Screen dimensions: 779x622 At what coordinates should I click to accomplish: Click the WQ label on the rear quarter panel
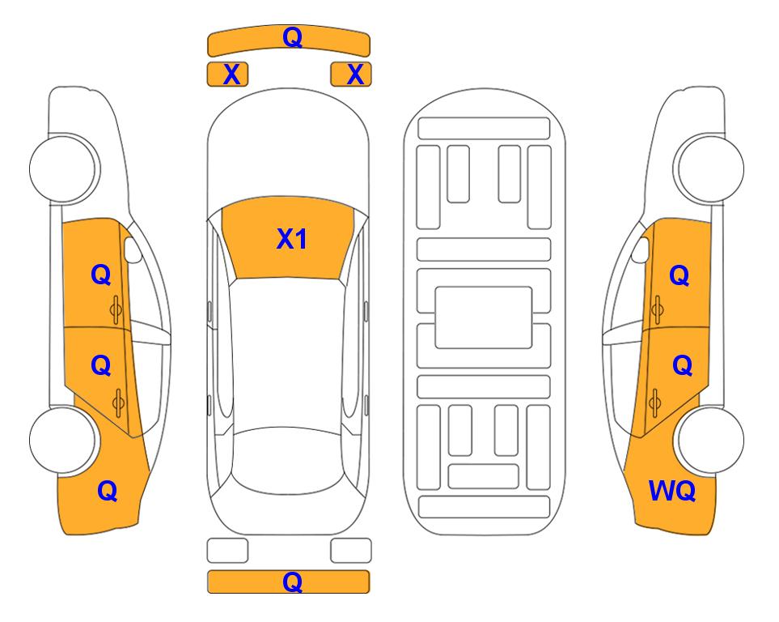point(672,491)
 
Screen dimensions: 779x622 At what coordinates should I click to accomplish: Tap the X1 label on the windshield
point(292,239)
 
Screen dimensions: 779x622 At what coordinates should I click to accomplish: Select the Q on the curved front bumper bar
point(293,36)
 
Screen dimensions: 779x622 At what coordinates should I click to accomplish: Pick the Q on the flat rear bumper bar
point(293,582)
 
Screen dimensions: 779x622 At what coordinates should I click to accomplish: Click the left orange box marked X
point(227,75)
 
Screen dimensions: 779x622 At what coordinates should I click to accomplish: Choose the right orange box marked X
point(351,75)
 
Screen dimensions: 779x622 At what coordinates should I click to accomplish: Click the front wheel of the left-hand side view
point(64,168)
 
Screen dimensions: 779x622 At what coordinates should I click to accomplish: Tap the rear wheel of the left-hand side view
point(63,440)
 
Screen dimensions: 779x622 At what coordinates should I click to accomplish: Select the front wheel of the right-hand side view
point(709,168)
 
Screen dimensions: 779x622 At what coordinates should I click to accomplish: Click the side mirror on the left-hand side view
point(133,249)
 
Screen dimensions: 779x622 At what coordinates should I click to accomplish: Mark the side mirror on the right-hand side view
point(641,249)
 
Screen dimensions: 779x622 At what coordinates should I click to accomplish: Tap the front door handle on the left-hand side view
point(116,310)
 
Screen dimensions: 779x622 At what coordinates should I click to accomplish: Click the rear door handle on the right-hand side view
point(654,403)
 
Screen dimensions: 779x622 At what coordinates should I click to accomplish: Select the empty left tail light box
point(227,551)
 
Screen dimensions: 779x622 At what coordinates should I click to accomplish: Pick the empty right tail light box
point(351,551)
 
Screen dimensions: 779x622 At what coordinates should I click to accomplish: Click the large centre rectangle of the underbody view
point(484,317)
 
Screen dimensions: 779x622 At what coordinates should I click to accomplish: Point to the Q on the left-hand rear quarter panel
point(108,491)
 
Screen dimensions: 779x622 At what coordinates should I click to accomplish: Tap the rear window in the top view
point(288,460)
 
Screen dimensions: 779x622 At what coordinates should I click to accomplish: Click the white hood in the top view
point(288,149)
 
